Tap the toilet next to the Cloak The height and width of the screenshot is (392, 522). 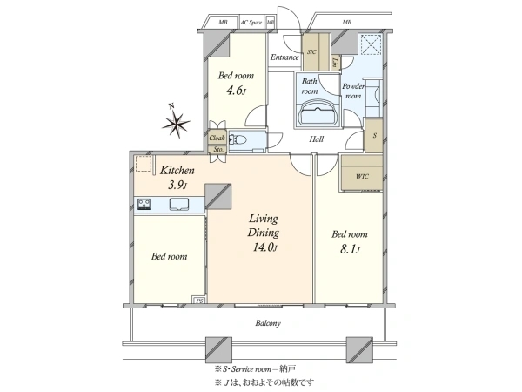(244, 140)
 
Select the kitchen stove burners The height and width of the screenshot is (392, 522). (144, 205)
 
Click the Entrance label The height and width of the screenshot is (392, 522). (284, 58)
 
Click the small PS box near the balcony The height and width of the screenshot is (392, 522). (197, 301)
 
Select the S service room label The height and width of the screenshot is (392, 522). (373, 136)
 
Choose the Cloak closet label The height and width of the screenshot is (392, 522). (216, 138)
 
